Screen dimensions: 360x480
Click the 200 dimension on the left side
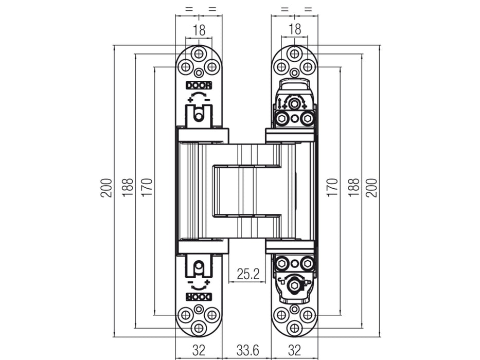pyautogui.click(x=106, y=188)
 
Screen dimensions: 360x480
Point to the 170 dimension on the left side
pyautogui.click(x=147, y=188)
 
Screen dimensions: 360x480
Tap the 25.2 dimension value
pyautogui.click(x=247, y=274)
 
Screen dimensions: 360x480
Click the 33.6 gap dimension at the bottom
pyautogui.click(x=247, y=351)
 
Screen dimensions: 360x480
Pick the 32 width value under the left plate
pyautogui.click(x=199, y=351)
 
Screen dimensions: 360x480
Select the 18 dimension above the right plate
pyautogui.click(x=295, y=30)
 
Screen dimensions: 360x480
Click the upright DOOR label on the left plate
pyautogui.click(x=199, y=86)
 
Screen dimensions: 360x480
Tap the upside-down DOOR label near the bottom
pyautogui.click(x=199, y=297)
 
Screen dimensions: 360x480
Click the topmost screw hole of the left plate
pyautogui.click(x=199, y=53)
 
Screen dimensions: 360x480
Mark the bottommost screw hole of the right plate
pyautogui.click(x=294, y=328)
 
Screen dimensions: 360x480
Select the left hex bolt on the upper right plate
pyautogui.click(x=281, y=119)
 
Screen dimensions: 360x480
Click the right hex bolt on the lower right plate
pyautogui.click(x=308, y=264)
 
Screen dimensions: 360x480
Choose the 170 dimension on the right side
pyautogui.click(x=332, y=188)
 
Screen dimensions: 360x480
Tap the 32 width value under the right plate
pyautogui.click(x=294, y=351)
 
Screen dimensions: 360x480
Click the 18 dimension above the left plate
pyautogui.click(x=199, y=30)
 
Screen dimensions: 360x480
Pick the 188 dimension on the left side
pyautogui.click(x=128, y=188)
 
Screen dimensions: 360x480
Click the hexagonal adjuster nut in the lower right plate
pyautogui.click(x=294, y=284)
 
